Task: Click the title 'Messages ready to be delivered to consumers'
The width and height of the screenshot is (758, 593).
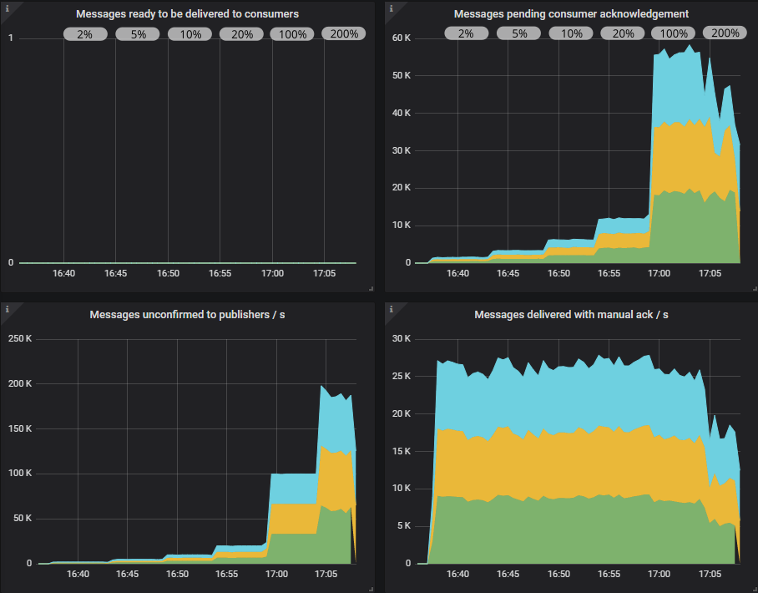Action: (x=188, y=14)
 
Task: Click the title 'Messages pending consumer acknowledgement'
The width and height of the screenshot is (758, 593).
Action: (x=571, y=14)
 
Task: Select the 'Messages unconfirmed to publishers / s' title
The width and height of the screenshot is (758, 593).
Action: (x=188, y=315)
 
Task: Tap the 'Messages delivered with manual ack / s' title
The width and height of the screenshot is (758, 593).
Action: (x=571, y=315)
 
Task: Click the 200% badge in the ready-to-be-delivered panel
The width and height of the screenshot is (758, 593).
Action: (x=344, y=34)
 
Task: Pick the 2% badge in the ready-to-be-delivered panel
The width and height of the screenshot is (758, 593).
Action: (x=85, y=34)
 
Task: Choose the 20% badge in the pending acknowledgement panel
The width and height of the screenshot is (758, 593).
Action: (x=623, y=34)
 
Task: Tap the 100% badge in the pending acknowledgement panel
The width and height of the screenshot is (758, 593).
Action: (x=675, y=34)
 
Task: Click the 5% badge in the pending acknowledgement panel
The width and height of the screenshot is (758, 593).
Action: (x=519, y=34)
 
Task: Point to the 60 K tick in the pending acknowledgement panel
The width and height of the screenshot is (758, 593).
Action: (x=402, y=38)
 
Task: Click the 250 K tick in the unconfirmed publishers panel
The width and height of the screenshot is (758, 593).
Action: (x=18, y=339)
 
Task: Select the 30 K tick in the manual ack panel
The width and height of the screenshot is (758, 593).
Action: (x=402, y=339)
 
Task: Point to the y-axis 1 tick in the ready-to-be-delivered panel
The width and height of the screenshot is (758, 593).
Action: (x=10, y=38)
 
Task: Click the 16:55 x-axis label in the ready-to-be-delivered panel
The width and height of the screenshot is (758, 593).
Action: (x=220, y=273)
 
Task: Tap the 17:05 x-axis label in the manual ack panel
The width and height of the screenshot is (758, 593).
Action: (x=710, y=574)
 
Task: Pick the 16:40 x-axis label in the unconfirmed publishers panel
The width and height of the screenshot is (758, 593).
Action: (x=78, y=574)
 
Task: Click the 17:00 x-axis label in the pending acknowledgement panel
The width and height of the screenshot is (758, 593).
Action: (x=659, y=273)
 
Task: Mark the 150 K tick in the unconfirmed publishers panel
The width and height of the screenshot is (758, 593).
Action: (x=18, y=428)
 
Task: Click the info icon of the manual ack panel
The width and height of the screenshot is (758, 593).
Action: (x=391, y=309)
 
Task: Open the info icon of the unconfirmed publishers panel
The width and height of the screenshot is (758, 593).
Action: (x=7, y=309)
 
